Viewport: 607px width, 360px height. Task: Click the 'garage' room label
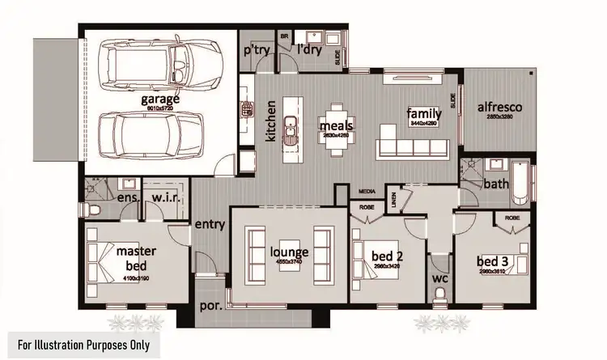(x=160, y=100)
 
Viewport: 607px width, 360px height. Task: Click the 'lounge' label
(x=289, y=252)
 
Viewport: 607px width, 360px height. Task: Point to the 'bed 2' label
(x=386, y=256)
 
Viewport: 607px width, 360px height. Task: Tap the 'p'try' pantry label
(x=258, y=50)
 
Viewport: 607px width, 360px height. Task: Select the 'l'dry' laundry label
(x=308, y=50)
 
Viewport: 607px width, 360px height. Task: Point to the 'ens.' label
(x=129, y=198)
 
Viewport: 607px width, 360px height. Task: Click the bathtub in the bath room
(x=520, y=184)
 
